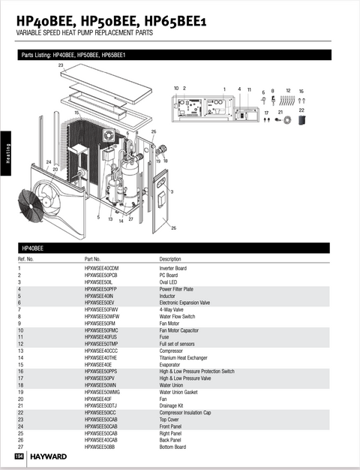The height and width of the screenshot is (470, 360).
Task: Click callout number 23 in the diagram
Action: tap(61, 66)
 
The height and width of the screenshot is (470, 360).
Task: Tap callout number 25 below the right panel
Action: tap(174, 227)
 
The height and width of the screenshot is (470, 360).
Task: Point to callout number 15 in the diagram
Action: tap(76, 113)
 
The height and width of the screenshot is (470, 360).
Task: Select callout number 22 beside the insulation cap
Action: tap(301, 110)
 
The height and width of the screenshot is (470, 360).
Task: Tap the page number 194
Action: tap(19, 456)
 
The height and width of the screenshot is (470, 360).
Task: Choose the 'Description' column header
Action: tap(170, 259)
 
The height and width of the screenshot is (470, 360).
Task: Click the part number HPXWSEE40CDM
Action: tap(101, 268)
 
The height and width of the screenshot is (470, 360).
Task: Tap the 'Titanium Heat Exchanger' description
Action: tap(184, 357)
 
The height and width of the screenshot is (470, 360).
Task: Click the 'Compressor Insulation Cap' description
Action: tap(185, 411)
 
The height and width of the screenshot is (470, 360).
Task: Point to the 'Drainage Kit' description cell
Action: tap(170, 405)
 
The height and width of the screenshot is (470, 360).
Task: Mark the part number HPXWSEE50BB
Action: tap(100, 446)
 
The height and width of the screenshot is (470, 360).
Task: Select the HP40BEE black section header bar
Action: tap(180, 247)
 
